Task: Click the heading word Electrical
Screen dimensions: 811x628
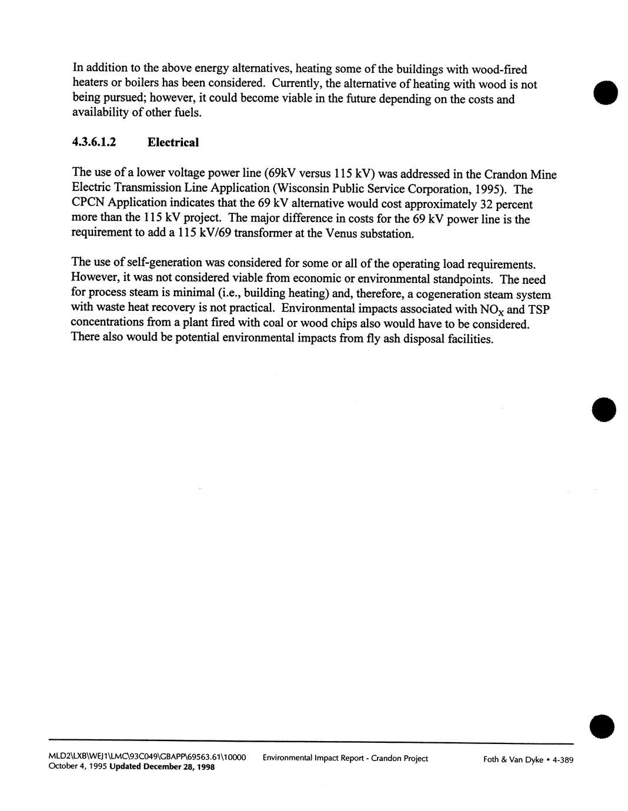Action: click(x=173, y=142)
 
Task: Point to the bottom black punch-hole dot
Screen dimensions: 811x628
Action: click(x=603, y=727)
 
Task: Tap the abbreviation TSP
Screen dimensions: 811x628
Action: click(x=539, y=309)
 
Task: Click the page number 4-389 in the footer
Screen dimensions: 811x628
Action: click(x=561, y=759)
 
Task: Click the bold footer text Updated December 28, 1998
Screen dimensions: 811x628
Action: click(x=162, y=767)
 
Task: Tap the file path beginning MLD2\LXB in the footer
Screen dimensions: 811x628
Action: click(x=147, y=758)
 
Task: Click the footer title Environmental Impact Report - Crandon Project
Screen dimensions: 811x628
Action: click(x=345, y=758)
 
